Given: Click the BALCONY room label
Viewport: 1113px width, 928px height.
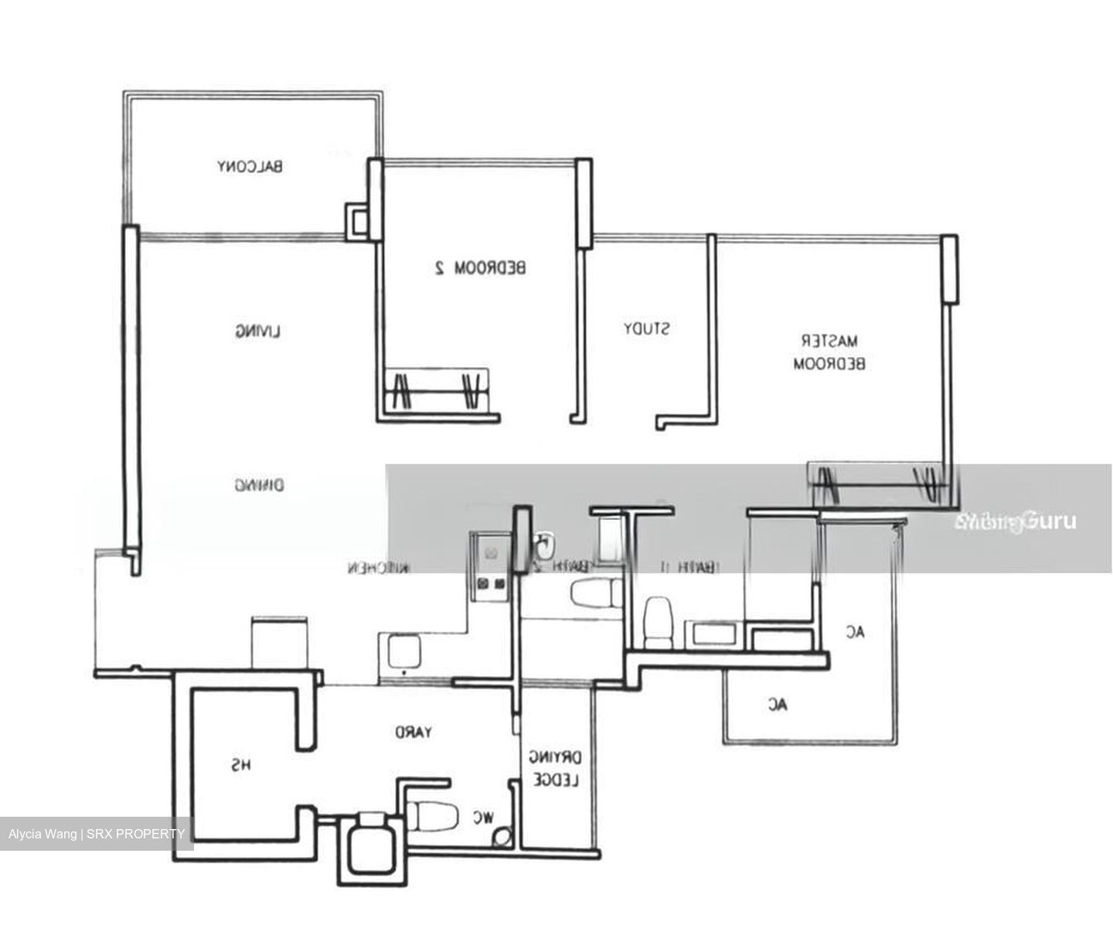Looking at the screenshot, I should pyautogui.click(x=250, y=166).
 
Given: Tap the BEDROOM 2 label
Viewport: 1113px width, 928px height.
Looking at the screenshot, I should pyautogui.click(x=479, y=268).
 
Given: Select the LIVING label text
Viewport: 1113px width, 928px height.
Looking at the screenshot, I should pyautogui.click(x=258, y=332).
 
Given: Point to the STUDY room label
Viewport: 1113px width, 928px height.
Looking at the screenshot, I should pyautogui.click(x=647, y=329).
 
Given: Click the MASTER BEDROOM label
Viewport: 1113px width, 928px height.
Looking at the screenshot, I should pyautogui.click(x=829, y=352).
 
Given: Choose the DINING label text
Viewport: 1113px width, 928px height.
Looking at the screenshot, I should pyautogui.click(x=259, y=486).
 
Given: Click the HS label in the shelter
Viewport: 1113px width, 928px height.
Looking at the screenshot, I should pyautogui.click(x=241, y=766).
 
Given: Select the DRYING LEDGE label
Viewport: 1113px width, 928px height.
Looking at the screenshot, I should pyautogui.click(x=556, y=769).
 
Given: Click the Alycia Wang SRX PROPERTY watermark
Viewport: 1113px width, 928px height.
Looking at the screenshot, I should pyautogui.click(x=97, y=834).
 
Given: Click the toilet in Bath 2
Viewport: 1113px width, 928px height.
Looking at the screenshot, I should pyautogui.click(x=594, y=593).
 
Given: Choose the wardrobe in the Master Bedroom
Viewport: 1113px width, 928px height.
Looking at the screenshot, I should pyautogui.click(x=876, y=483).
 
